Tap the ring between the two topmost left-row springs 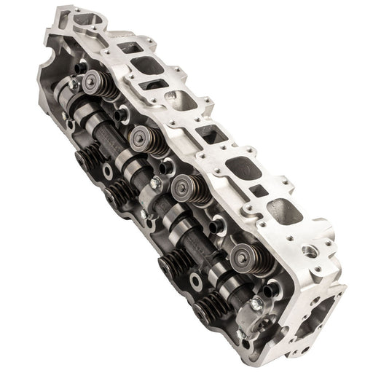coord(108,171)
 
